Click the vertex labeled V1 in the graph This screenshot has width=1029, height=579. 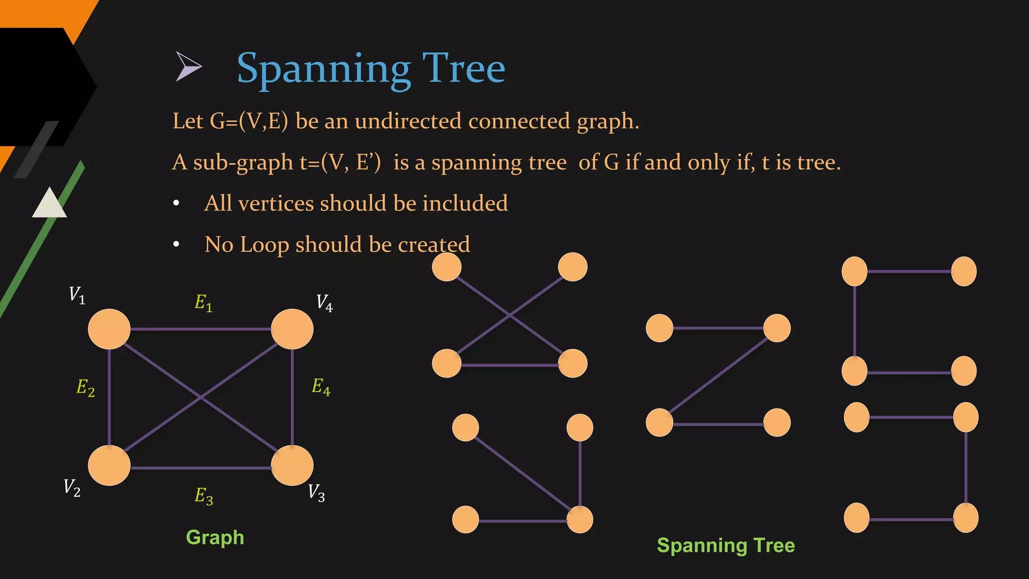click(x=109, y=329)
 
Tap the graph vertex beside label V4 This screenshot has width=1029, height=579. click(x=292, y=329)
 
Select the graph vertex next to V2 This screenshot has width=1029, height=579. click(x=109, y=465)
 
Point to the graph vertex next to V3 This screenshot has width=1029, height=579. click(x=292, y=465)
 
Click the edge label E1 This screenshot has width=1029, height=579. click(x=203, y=303)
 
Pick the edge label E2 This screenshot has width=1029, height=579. click(x=85, y=388)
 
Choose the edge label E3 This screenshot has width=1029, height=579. click(x=203, y=496)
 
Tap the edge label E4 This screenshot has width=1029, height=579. click(x=321, y=387)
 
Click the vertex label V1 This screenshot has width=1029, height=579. click(x=77, y=295)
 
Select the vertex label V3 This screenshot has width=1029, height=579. click(x=317, y=493)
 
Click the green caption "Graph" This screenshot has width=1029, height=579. click(x=215, y=537)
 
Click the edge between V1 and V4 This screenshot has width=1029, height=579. click(x=201, y=329)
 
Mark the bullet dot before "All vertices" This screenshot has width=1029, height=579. click(x=176, y=204)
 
